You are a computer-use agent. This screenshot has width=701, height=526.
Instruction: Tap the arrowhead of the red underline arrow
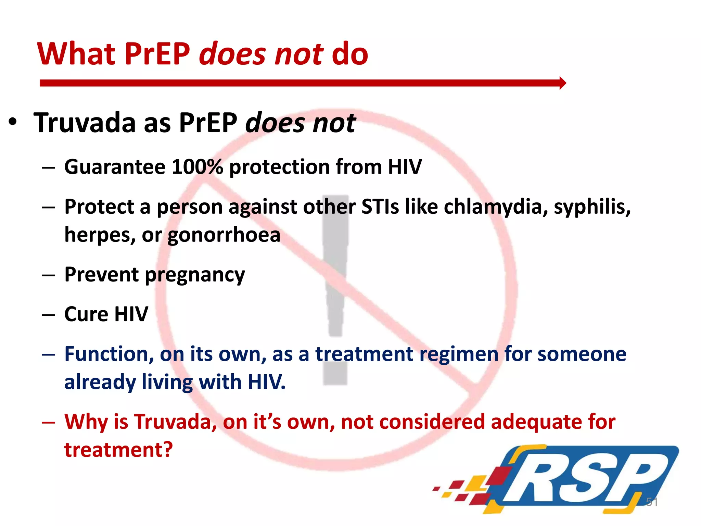point(562,83)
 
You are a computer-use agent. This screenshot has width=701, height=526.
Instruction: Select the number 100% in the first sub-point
point(197,167)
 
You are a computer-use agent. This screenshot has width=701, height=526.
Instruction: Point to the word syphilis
point(592,208)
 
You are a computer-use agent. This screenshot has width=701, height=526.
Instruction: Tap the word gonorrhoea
point(224,235)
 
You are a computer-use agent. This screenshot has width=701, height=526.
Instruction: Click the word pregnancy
point(195,275)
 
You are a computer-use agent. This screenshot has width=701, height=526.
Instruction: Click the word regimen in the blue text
point(459,354)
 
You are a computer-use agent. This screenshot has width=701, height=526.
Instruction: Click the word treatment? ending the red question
point(118,450)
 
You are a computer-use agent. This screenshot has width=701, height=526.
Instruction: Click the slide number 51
point(651,502)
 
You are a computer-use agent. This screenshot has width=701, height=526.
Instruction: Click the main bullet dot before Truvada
point(13,123)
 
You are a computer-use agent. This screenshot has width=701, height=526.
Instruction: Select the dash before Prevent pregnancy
point(48,275)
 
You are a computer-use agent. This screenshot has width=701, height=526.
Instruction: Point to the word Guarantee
point(115,167)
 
